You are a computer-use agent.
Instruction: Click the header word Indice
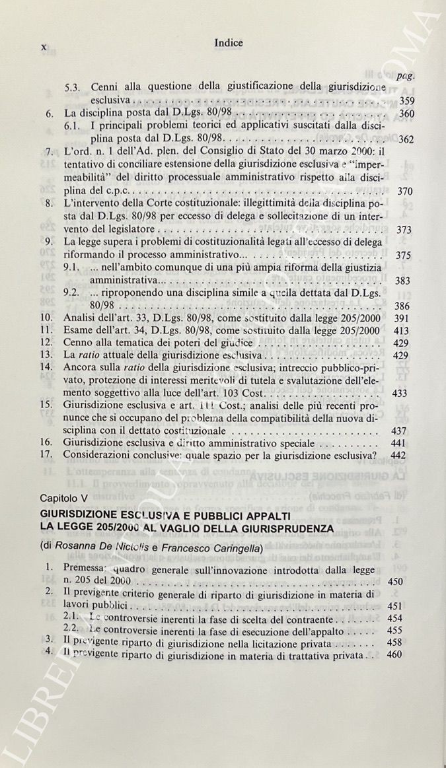[x=229, y=43]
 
